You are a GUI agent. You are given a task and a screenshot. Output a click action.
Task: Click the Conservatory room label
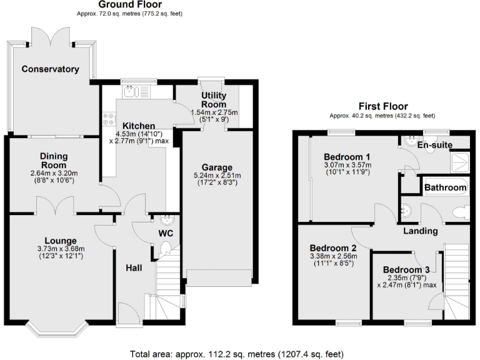click(50, 69)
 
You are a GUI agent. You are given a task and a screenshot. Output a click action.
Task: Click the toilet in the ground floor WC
click(165, 251)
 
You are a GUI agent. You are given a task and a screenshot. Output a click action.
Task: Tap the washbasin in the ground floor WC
click(167, 220)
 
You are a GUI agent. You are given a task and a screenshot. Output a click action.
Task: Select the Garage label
click(217, 167)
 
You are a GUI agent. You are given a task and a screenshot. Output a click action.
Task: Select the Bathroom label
click(445, 187)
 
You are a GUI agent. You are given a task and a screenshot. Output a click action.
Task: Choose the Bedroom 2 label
click(332, 247)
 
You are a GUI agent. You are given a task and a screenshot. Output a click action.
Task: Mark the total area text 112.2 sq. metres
click(240, 354)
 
